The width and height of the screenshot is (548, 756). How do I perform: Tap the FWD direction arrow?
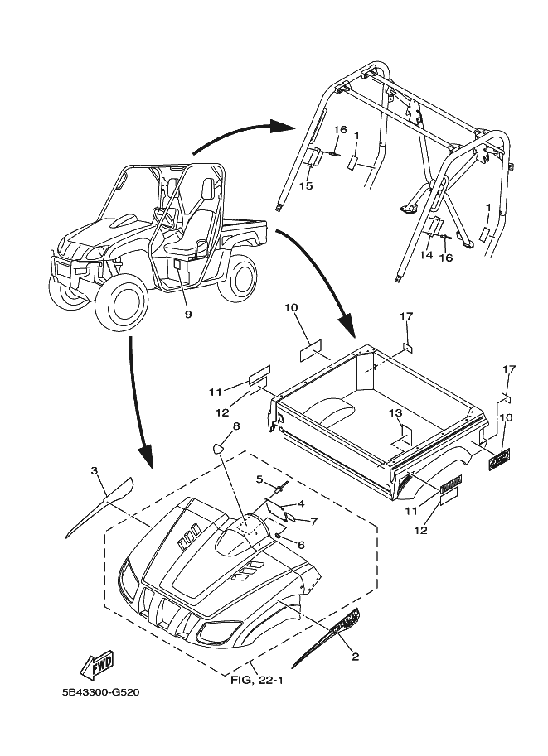tap(97, 663)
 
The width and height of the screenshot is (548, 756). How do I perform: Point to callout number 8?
tap(236, 426)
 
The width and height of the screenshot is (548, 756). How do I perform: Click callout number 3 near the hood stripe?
tap(95, 471)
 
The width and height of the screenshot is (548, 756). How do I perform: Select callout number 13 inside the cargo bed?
tap(395, 412)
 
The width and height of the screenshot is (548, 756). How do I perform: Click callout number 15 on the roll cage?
tap(306, 187)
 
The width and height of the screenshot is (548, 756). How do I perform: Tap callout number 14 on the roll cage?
tap(426, 257)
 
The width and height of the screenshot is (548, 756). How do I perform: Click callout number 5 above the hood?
tap(259, 479)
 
